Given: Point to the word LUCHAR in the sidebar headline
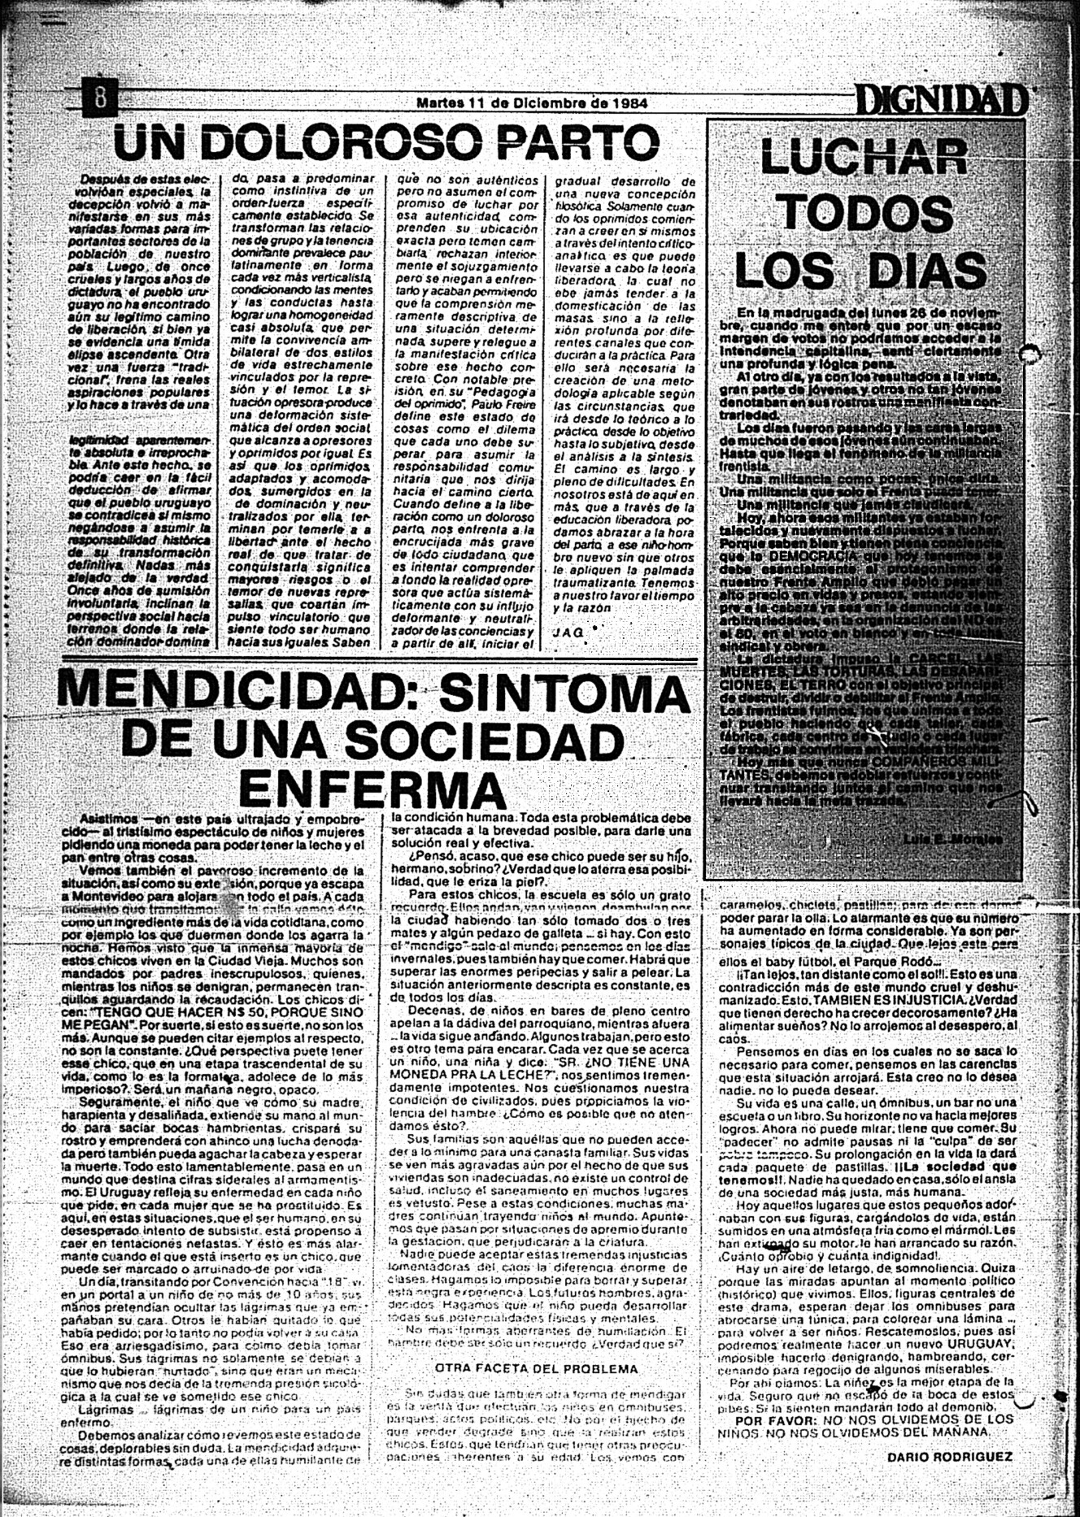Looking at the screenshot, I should point(863,156).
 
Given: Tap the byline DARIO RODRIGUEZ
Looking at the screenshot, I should point(950,1456).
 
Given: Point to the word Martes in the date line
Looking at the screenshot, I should point(442,104).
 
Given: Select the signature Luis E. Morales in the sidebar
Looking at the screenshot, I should point(952,837).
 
